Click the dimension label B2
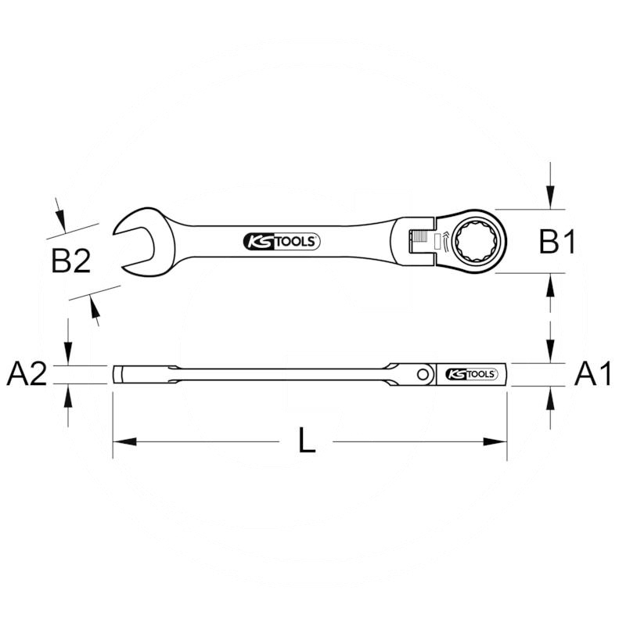pos(71,261)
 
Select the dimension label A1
pos(592,376)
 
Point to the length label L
pos(308,442)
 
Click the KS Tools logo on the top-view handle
pos(282,243)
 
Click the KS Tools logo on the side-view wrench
pos(471,375)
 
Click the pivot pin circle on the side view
pos(423,375)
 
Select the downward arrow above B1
pos(551,200)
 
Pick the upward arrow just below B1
pos(551,283)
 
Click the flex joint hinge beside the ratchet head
pos(421,239)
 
